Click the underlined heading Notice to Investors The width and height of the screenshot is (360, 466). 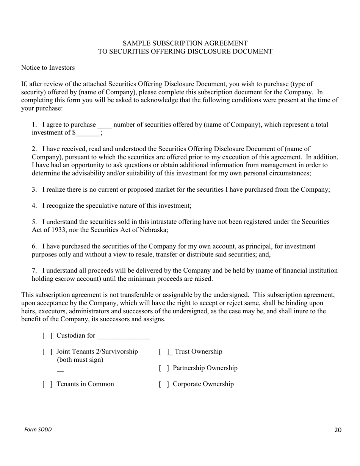[48, 68]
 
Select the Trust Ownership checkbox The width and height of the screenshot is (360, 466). [164, 352]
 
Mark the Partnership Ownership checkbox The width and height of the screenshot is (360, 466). [164, 368]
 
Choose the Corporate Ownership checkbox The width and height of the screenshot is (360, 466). [164, 384]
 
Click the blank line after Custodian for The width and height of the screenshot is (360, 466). [123, 336]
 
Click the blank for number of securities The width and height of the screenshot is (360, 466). [105, 125]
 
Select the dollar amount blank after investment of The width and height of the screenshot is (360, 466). [88, 133]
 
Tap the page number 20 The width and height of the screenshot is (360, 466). [338, 430]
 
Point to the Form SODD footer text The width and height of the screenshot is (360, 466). [38, 430]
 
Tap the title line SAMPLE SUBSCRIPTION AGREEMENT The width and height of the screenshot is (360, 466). [185, 43]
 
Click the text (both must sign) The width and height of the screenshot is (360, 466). [80, 360]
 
